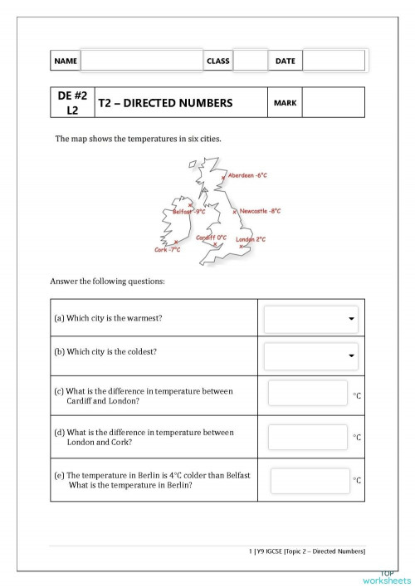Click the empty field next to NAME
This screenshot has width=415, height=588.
(x=141, y=61)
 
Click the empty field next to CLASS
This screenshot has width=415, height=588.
(x=250, y=61)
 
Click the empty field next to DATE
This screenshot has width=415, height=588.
(x=333, y=61)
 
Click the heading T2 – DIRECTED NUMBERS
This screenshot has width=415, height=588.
(x=165, y=104)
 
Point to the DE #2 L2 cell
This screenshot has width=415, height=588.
(x=73, y=103)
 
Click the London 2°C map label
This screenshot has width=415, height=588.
(x=251, y=239)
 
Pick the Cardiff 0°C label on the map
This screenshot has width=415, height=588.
(x=211, y=238)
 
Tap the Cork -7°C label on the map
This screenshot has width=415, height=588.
(x=167, y=249)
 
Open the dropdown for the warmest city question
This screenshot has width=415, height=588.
(x=310, y=319)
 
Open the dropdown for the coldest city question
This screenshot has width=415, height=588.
(x=310, y=356)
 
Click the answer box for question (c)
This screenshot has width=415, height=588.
(x=307, y=394)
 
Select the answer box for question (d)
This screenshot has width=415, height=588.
(x=307, y=436)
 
